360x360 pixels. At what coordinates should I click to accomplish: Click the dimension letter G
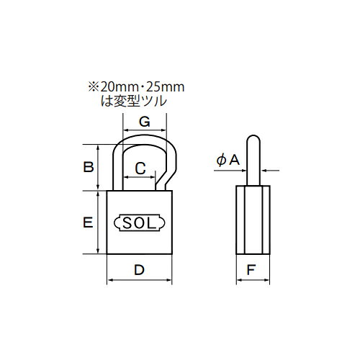click(145, 122)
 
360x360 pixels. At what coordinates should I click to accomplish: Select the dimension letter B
click(89, 167)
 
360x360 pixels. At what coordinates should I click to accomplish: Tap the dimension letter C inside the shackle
click(140, 168)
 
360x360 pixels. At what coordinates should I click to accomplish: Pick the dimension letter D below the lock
click(139, 270)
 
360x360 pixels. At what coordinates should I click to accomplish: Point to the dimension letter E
click(88, 222)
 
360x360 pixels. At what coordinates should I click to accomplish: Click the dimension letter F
click(251, 270)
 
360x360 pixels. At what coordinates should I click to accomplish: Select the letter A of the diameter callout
click(235, 160)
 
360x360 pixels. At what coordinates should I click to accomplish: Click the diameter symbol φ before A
click(221, 161)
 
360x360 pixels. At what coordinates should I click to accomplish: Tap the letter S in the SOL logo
click(127, 223)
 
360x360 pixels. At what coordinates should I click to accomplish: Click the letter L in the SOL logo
click(152, 223)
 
